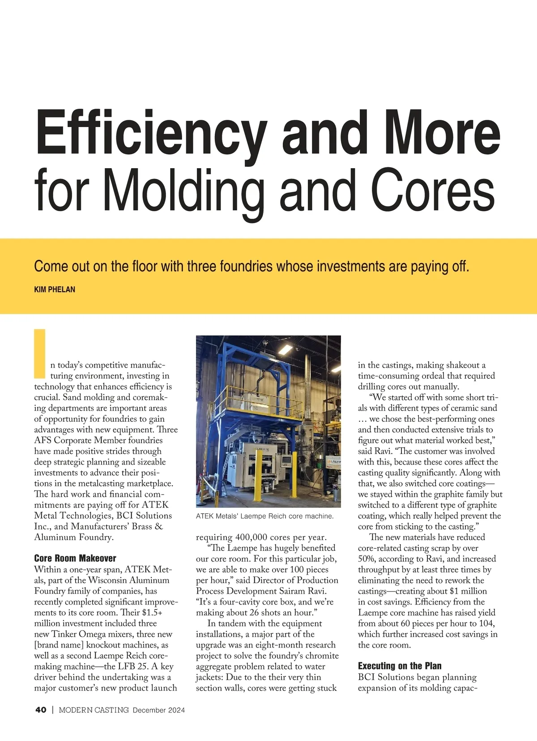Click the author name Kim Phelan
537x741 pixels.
click(x=55, y=289)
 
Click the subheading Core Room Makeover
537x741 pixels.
click(x=75, y=558)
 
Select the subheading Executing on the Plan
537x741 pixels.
click(x=400, y=666)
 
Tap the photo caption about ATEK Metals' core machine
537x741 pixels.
click(x=264, y=516)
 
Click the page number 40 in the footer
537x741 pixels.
click(x=41, y=710)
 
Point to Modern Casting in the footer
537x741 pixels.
click(x=94, y=710)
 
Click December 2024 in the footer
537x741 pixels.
click(x=159, y=710)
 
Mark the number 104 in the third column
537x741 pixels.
click(x=485, y=623)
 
